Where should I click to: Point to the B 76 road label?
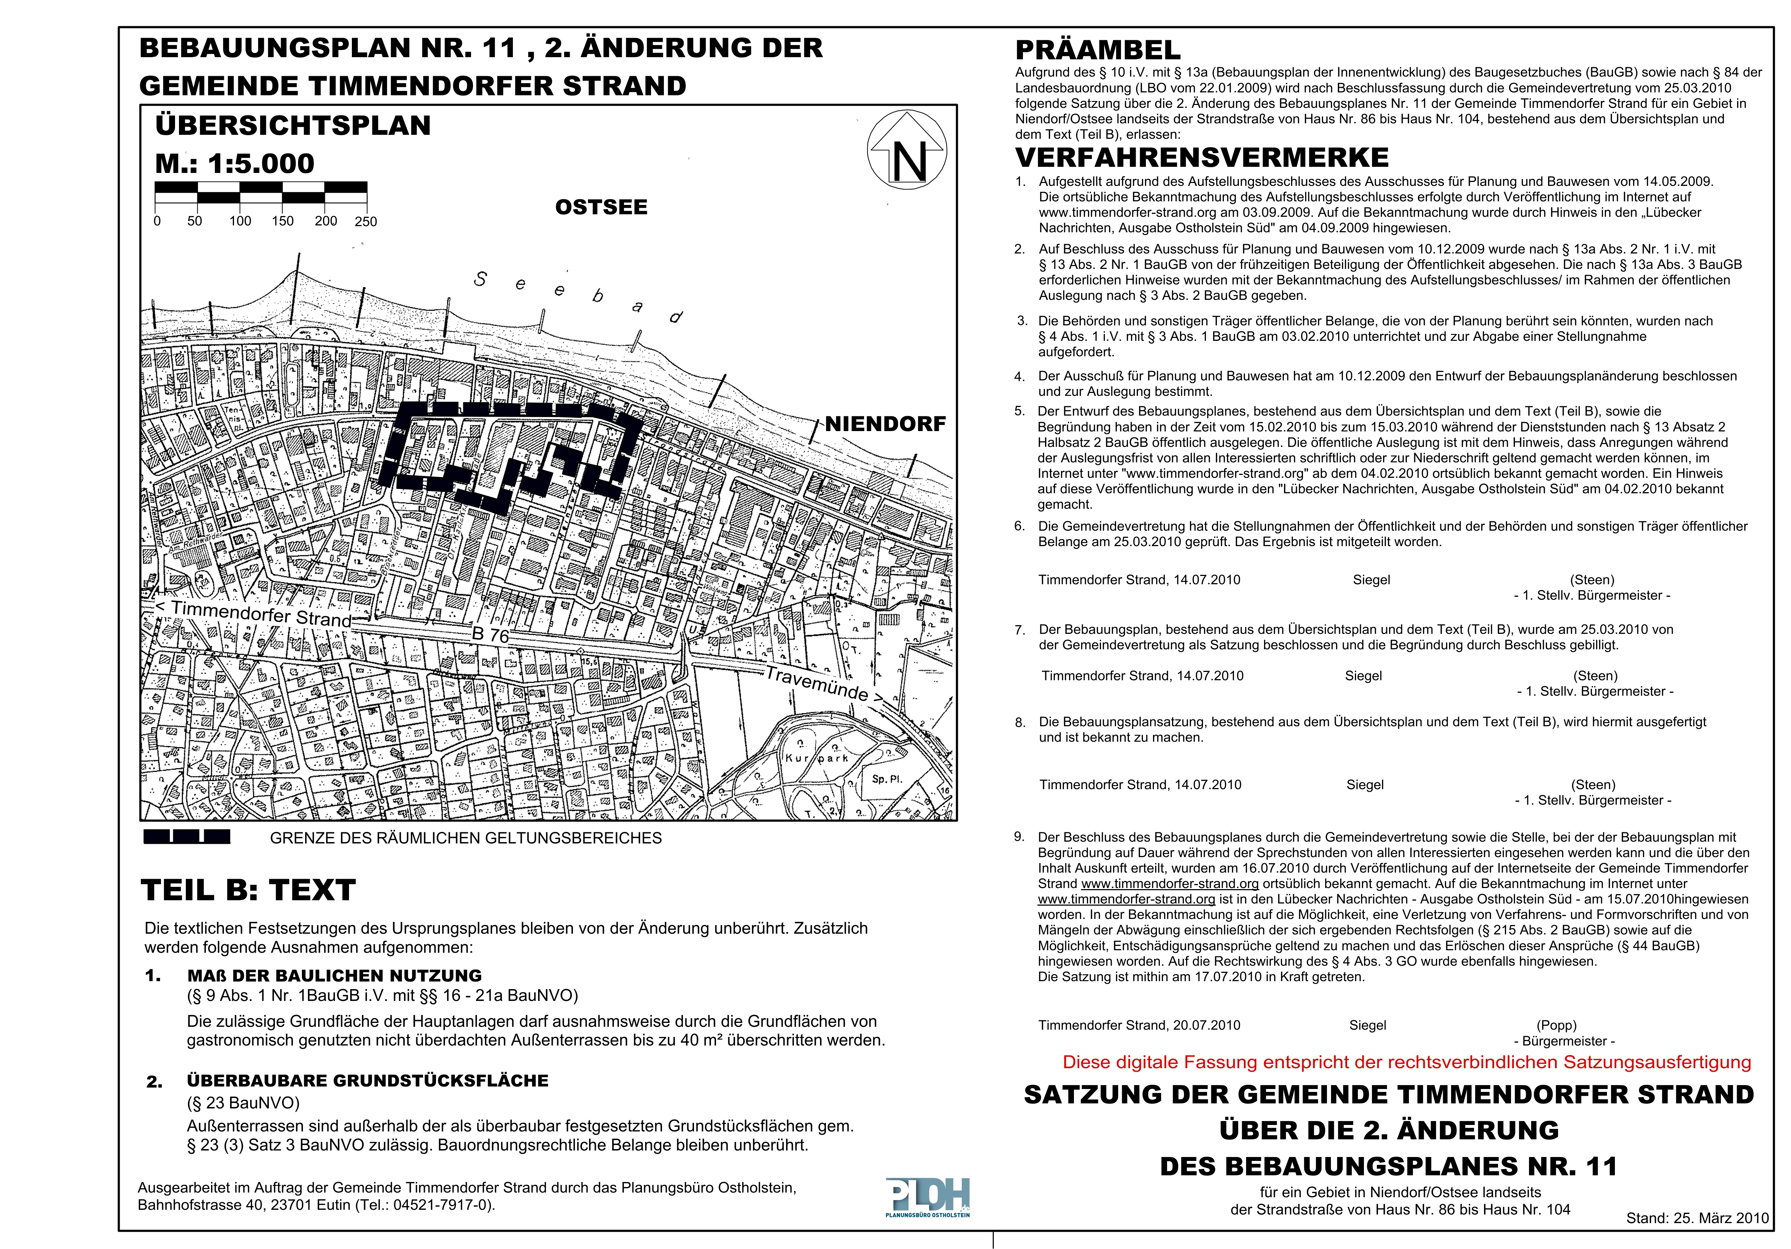coord(490,634)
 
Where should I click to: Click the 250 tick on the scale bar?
coord(366,221)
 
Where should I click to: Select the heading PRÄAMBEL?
coord(1098,50)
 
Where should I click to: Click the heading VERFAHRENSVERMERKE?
coord(1201,157)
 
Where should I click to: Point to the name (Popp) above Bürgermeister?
coord(1556,1025)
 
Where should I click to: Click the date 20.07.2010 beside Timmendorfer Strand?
coord(1206,1025)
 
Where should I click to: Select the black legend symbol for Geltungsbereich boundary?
coord(187,837)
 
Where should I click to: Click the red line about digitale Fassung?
coord(1406,1062)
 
